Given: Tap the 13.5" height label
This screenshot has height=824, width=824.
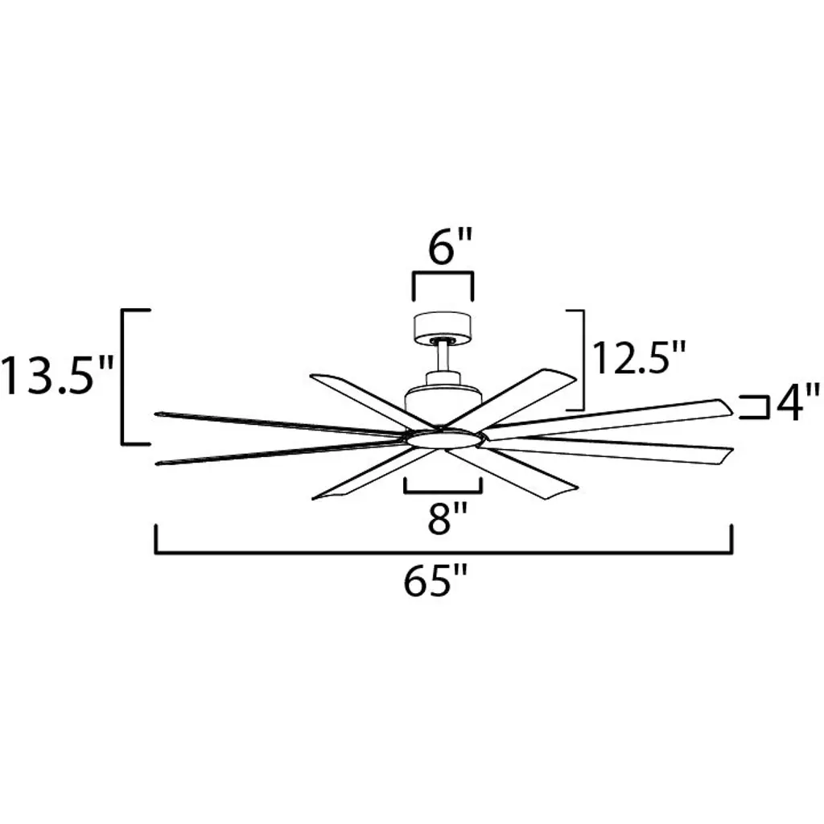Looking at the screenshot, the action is pyautogui.click(x=57, y=375).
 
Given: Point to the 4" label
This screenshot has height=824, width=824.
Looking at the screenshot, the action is pyautogui.click(x=797, y=402).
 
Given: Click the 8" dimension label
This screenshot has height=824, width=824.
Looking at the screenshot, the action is pyautogui.click(x=447, y=517).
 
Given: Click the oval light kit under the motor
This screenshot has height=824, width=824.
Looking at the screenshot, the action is pyautogui.click(x=443, y=439).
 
